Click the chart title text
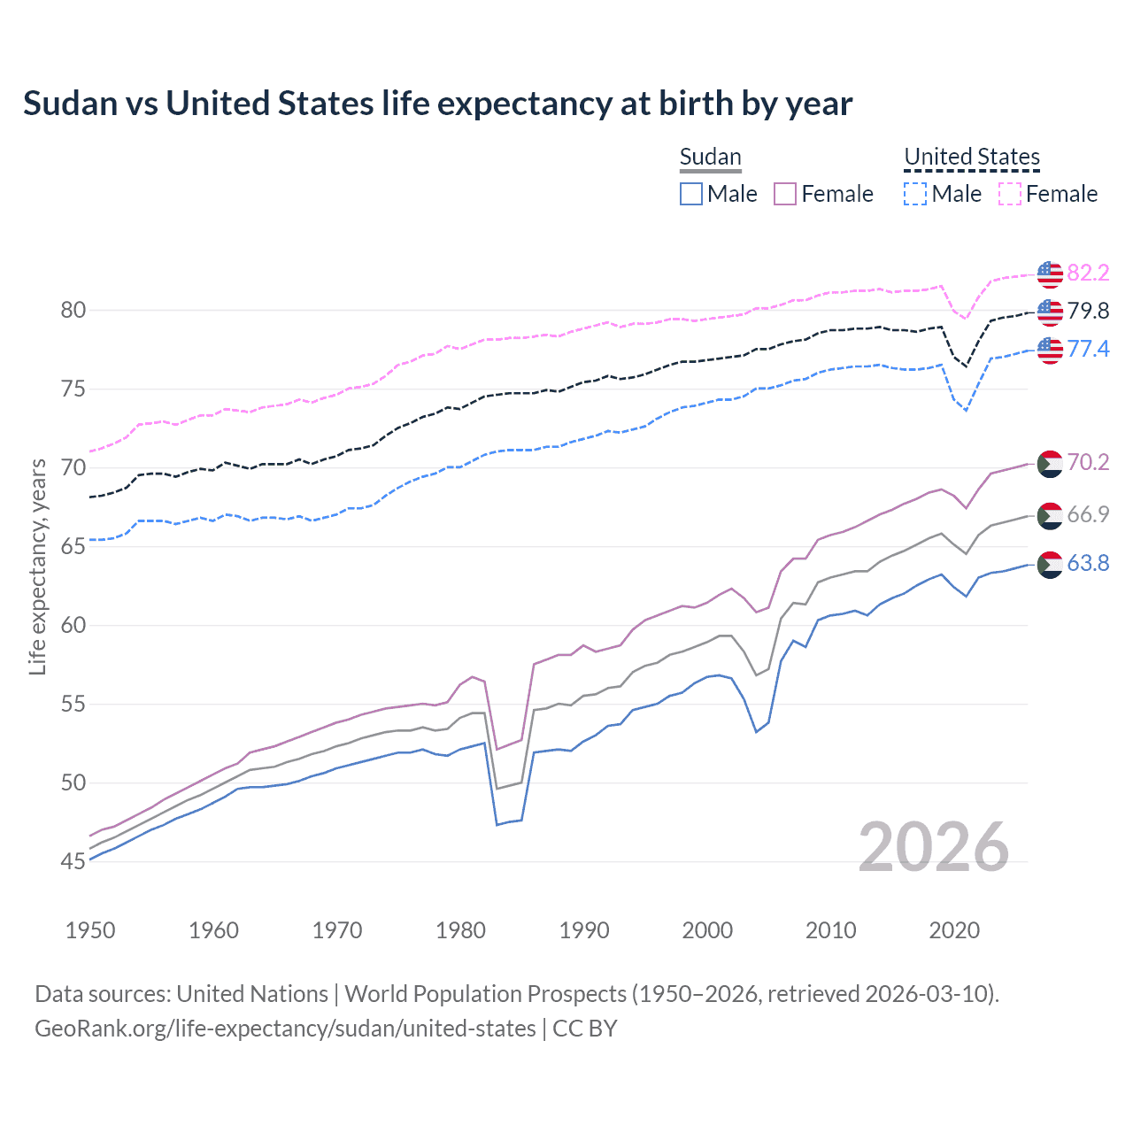click(x=437, y=104)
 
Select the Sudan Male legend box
click(x=691, y=194)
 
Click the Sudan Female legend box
click(x=785, y=194)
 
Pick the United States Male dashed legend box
click(x=915, y=194)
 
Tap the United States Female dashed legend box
click(x=1010, y=194)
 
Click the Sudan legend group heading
click(x=710, y=157)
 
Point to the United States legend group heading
click(x=971, y=157)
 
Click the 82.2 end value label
click(x=1088, y=273)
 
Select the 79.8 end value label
click(x=1088, y=311)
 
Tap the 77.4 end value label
click(x=1088, y=349)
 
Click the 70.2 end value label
click(x=1088, y=462)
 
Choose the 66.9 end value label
click(x=1088, y=514)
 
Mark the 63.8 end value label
click(x=1088, y=563)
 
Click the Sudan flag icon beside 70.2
click(x=1050, y=463)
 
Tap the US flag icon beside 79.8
click(x=1050, y=312)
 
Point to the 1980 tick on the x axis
click(x=460, y=930)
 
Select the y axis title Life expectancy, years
click(x=38, y=566)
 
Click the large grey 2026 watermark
click(x=933, y=847)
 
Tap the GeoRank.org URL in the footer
click(x=285, y=1029)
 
